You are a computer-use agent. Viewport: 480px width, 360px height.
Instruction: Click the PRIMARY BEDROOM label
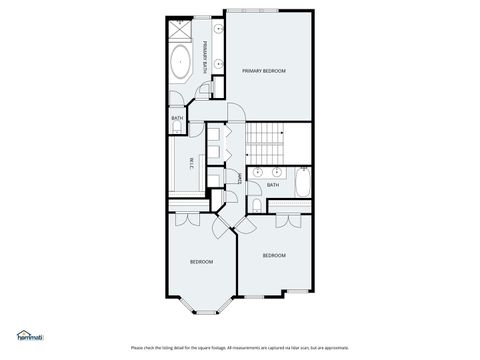[264, 72]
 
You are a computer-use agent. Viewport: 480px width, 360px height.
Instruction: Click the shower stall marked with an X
[181, 27]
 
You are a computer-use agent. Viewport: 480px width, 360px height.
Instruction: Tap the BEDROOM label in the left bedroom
[202, 262]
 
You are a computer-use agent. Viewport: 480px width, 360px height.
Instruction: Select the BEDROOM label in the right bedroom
[274, 256]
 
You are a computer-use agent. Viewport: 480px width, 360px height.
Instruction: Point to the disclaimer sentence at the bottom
[239, 347]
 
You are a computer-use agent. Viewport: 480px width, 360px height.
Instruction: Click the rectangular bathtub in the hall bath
[302, 183]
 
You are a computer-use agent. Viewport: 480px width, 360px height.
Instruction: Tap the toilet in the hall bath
[257, 206]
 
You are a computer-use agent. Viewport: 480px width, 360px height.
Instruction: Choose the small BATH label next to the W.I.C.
[177, 119]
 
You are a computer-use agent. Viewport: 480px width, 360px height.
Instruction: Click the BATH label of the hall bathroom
[272, 185]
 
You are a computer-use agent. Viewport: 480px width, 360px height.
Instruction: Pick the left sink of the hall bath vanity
[258, 172]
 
